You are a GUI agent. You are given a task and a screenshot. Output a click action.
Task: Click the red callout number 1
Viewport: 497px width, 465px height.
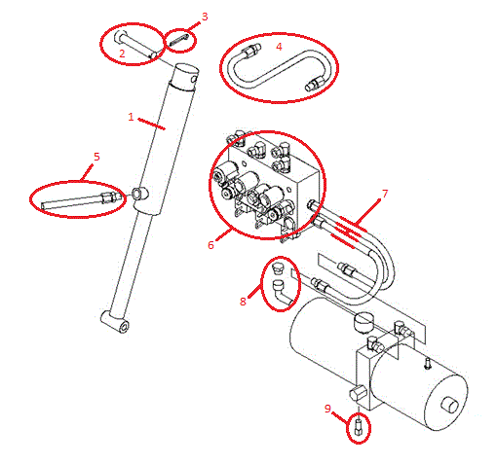[x=131, y=117]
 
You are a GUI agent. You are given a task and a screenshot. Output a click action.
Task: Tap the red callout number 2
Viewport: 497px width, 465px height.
[x=122, y=54]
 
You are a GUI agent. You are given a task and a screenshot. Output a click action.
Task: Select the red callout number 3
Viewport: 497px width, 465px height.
[x=205, y=17]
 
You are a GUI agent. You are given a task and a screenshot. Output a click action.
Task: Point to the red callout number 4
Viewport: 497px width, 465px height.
[x=279, y=47]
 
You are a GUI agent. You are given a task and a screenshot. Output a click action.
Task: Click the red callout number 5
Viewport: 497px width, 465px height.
[x=96, y=157]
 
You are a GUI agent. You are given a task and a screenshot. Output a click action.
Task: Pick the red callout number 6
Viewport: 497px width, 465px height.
[x=210, y=245]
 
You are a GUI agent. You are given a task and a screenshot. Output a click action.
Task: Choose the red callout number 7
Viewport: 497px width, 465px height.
[x=385, y=194]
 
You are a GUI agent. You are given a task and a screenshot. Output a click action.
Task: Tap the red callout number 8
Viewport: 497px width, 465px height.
[x=243, y=302]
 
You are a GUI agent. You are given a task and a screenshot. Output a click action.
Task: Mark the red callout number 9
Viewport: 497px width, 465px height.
[x=327, y=409]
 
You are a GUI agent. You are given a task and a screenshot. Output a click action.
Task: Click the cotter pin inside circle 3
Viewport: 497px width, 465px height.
[x=178, y=40]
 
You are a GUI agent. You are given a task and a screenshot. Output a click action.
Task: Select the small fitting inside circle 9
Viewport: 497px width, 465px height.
[x=359, y=426]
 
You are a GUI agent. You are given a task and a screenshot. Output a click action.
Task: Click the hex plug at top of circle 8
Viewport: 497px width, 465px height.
[x=277, y=268]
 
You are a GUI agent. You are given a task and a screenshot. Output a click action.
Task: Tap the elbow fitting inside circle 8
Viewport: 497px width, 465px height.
[x=282, y=292]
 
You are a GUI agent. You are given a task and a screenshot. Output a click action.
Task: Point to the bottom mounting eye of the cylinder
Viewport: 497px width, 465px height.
[x=114, y=322]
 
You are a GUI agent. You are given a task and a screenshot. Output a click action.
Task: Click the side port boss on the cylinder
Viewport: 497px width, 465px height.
[x=139, y=194]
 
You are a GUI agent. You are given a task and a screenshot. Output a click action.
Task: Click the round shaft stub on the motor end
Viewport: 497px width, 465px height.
[x=449, y=406]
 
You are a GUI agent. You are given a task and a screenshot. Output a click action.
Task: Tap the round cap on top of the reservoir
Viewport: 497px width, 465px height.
[x=363, y=321]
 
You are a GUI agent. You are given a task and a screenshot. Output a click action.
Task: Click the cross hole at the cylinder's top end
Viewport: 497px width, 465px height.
[x=194, y=79]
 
